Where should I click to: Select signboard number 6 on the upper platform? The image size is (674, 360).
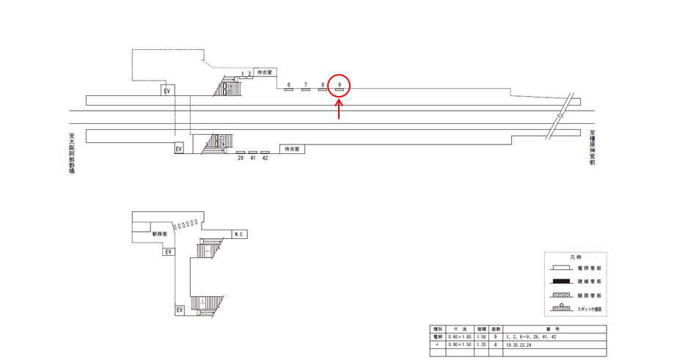tap(289, 90)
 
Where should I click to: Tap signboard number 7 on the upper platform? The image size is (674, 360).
tap(306, 90)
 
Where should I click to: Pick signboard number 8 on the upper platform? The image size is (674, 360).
tap(323, 90)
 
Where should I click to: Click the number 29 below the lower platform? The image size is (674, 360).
tap(241, 158)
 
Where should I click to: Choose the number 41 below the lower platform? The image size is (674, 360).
tap(253, 158)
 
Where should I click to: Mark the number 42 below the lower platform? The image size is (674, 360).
tap(265, 158)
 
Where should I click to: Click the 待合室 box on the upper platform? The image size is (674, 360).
tap(264, 73)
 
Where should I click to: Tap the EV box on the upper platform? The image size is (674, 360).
tap(167, 90)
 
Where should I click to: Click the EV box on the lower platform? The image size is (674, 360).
tap(178, 149)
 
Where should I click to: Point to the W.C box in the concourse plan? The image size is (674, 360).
tap(238, 234)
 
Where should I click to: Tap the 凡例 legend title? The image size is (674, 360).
tap(576, 257)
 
